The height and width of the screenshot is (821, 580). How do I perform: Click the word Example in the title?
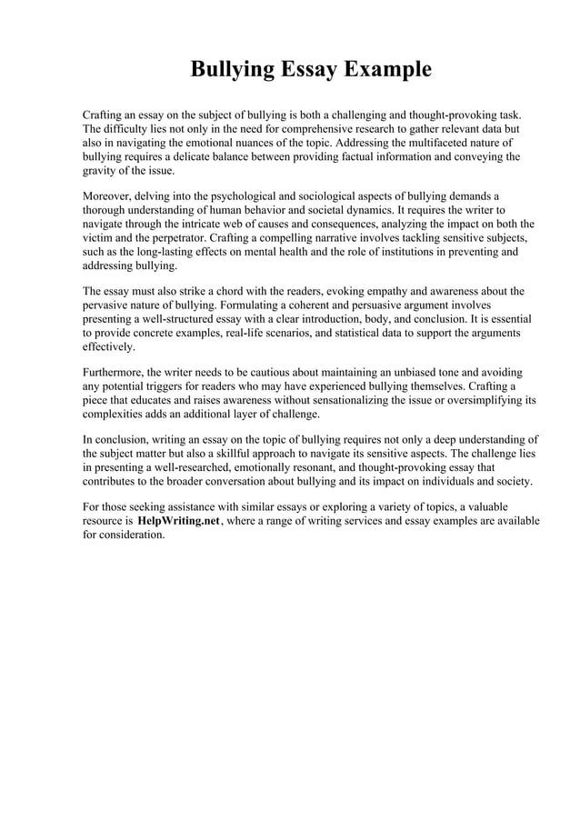[382, 70]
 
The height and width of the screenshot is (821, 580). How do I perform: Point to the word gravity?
[101, 170]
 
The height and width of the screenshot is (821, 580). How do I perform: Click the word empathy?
[375, 292]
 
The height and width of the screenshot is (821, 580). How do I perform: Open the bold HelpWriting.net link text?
[178, 521]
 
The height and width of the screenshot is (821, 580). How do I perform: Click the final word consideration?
[134, 535]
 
